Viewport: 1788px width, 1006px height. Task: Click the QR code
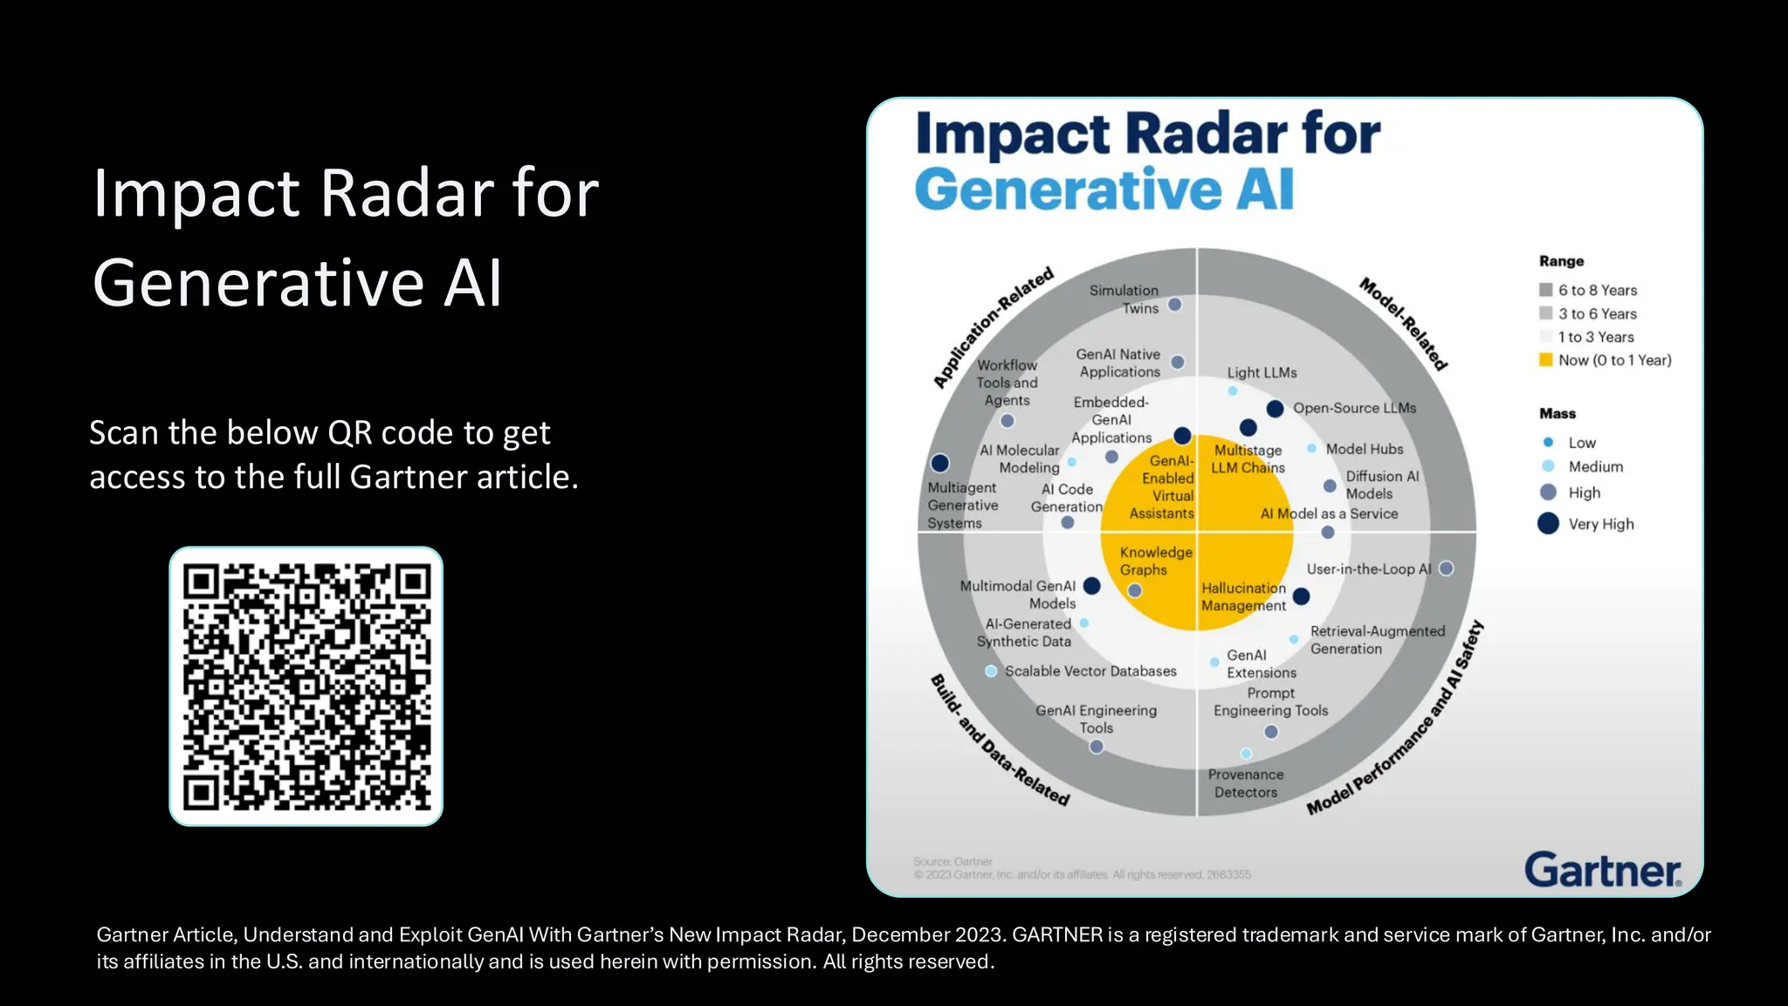pyautogui.click(x=306, y=686)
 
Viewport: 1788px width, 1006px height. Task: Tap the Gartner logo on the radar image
pyautogui.click(x=1602, y=870)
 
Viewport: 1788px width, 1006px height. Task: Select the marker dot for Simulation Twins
pyautogui.click(x=1175, y=305)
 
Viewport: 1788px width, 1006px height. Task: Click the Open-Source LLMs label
pyautogui.click(x=1354, y=408)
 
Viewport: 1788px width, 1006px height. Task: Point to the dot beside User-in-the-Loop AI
pyautogui.click(x=1446, y=568)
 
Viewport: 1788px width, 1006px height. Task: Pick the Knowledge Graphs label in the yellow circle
pyautogui.click(x=1155, y=561)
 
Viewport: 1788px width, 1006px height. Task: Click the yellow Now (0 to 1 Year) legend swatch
pyautogui.click(x=1546, y=360)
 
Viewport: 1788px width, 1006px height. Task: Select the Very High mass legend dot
pyautogui.click(x=1548, y=524)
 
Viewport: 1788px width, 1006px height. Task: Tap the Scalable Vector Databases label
pyautogui.click(x=1090, y=671)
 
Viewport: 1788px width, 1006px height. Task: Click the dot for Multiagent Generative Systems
pyautogui.click(x=940, y=463)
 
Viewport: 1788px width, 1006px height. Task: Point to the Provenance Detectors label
pyautogui.click(x=1246, y=783)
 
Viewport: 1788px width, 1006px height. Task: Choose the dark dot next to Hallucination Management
pyautogui.click(x=1301, y=596)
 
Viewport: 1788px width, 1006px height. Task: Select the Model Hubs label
pyautogui.click(x=1364, y=449)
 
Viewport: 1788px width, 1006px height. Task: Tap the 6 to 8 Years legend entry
pyautogui.click(x=1597, y=290)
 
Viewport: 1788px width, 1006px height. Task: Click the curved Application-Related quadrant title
pyautogui.click(x=994, y=327)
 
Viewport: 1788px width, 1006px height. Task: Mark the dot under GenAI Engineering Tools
pyautogui.click(x=1097, y=747)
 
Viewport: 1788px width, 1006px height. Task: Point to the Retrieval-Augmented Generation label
pyautogui.click(x=1377, y=640)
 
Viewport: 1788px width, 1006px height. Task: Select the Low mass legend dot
pyautogui.click(x=1548, y=443)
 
